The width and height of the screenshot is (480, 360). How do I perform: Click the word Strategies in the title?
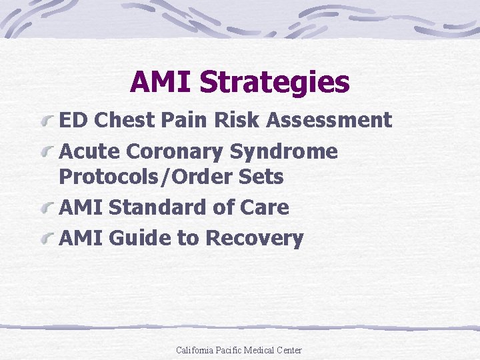(274, 83)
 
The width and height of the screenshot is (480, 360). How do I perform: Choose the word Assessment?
(329, 121)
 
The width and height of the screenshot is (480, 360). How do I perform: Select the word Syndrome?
(284, 151)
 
